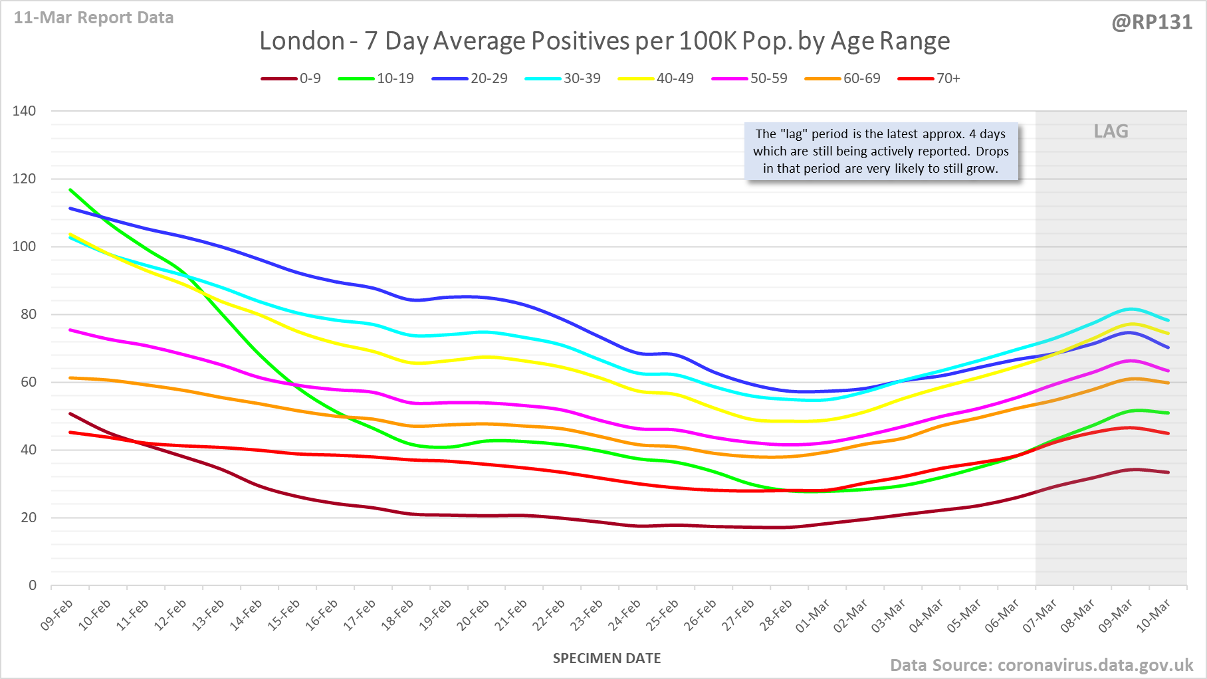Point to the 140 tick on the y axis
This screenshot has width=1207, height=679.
(24, 111)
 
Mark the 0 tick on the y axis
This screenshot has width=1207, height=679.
(33, 585)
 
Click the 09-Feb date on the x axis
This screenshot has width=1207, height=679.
(57, 615)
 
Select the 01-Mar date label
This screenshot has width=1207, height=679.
(813, 615)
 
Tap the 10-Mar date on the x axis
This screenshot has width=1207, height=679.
(1153, 615)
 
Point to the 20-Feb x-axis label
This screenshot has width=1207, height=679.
(473, 615)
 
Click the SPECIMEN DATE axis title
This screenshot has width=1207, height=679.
(607, 658)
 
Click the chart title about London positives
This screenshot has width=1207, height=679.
(604, 41)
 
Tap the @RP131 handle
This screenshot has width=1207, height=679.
(1152, 23)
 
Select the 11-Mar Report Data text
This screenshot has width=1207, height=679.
(94, 18)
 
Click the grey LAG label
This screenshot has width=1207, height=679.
(1111, 132)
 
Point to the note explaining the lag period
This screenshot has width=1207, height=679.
(881, 151)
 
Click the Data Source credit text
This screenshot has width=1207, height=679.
(1042, 665)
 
